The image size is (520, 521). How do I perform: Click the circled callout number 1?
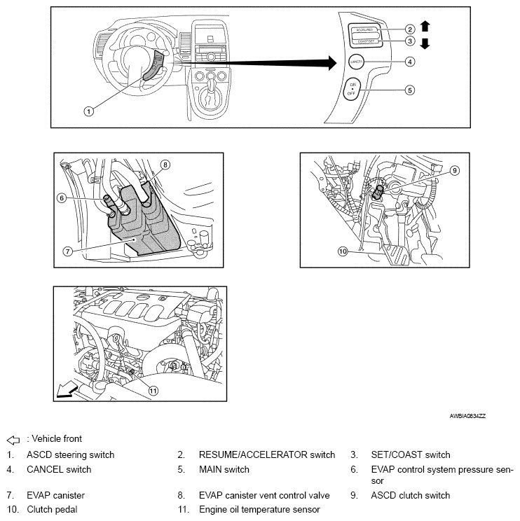88,111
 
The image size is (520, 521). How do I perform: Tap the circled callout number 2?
410,29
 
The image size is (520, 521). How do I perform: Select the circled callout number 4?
410,62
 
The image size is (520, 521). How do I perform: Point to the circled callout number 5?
410,90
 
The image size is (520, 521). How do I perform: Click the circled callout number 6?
62,198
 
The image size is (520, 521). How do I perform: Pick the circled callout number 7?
67,250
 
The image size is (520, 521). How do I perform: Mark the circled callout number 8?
165,165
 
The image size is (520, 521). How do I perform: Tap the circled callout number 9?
454,170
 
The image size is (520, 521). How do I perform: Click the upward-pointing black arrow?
425,27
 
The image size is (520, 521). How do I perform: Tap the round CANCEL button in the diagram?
355,62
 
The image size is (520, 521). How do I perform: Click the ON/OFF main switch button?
354,90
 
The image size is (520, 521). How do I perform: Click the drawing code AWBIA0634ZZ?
467,416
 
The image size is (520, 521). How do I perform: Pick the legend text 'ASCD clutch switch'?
410,495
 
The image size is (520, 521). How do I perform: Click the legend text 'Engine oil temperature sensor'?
259,509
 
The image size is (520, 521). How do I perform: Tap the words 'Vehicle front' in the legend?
57,439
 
